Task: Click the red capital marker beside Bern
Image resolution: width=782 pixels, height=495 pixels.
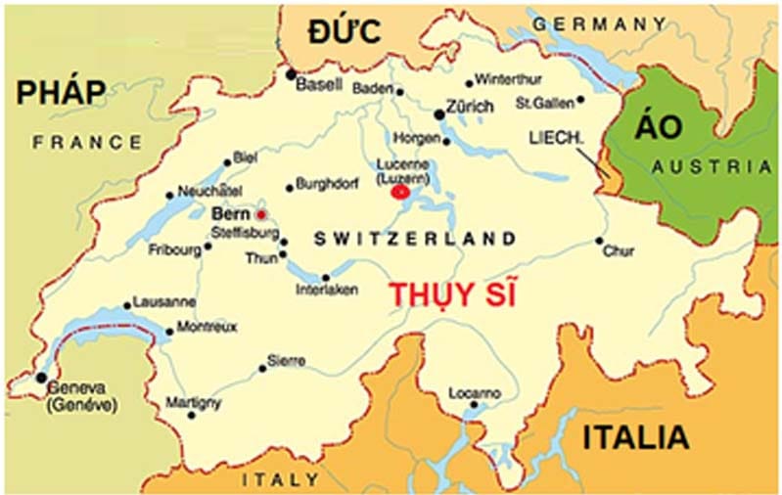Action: click(260, 213)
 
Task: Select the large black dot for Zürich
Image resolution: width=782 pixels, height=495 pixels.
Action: click(439, 114)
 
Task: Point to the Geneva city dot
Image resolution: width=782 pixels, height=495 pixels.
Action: click(41, 377)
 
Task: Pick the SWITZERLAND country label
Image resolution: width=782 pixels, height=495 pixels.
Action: click(415, 239)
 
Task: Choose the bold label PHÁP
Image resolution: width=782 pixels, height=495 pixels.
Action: click(60, 93)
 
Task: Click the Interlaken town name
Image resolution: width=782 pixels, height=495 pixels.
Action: click(327, 290)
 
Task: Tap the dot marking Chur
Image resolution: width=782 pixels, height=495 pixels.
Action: click(599, 241)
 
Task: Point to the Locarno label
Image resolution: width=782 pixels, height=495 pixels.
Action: click(475, 392)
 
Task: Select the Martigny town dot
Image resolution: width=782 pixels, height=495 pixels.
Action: click(191, 415)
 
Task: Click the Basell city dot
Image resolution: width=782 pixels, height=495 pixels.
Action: click(291, 72)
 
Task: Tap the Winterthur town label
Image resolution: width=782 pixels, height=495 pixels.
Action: click(509, 80)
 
